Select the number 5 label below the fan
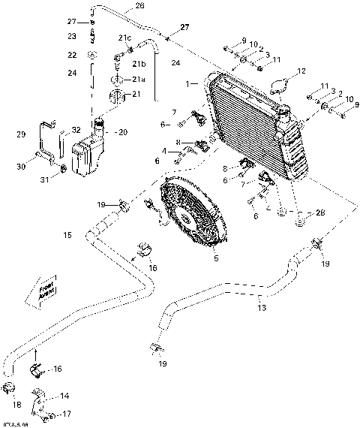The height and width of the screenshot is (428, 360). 215,259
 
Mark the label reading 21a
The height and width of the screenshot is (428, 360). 139,79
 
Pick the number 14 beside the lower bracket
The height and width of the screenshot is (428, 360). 65,395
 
